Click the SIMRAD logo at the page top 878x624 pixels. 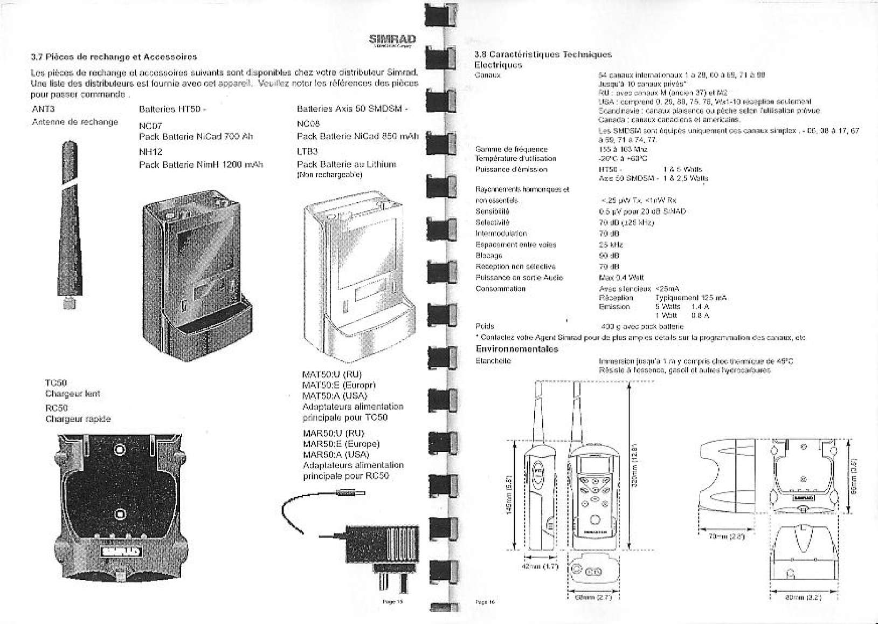click(392, 39)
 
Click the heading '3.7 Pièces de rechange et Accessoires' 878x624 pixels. click(114, 57)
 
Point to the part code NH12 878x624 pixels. click(150, 152)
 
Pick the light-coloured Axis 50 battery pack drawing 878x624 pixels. click(356, 275)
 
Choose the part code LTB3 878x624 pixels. click(307, 152)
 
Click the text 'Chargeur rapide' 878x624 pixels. click(78, 419)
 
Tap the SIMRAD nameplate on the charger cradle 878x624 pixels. click(121, 551)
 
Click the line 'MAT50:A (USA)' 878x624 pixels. click(335, 396)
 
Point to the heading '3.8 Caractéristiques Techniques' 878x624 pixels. click(542, 54)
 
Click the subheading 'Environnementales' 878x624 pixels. click(516, 349)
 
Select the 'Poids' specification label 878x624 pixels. click(485, 326)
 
